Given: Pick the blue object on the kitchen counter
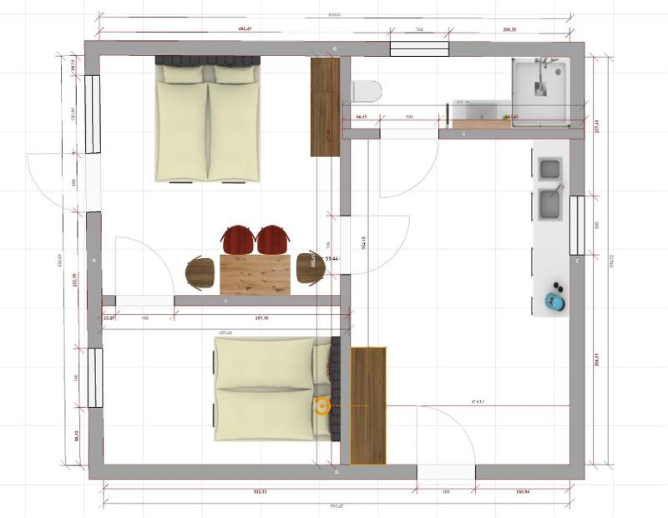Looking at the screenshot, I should pyautogui.click(x=554, y=299).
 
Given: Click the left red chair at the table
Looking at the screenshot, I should pyautogui.click(x=238, y=239).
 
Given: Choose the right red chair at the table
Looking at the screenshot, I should pyautogui.click(x=273, y=239).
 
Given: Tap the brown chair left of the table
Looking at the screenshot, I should pyautogui.click(x=201, y=272).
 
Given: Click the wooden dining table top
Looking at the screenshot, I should pyautogui.click(x=255, y=274).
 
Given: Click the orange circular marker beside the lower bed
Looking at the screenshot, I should pyautogui.click(x=321, y=406).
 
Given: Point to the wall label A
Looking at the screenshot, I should pyautogui.click(x=94, y=261).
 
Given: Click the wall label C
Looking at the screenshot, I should pyautogui.click(x=576, y=261).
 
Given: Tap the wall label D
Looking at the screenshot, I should pyautogui.click(x=337, y=473).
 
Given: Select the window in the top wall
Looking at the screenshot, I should pyautogui.click(x=419, y=48).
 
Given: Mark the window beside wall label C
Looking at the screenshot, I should pyautogui.click(x=576, y=225).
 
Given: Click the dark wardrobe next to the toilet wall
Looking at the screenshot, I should pyautogui.click(x=324, y=107).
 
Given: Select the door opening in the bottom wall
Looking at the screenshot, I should pyautogui.click(x=446, y=473).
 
